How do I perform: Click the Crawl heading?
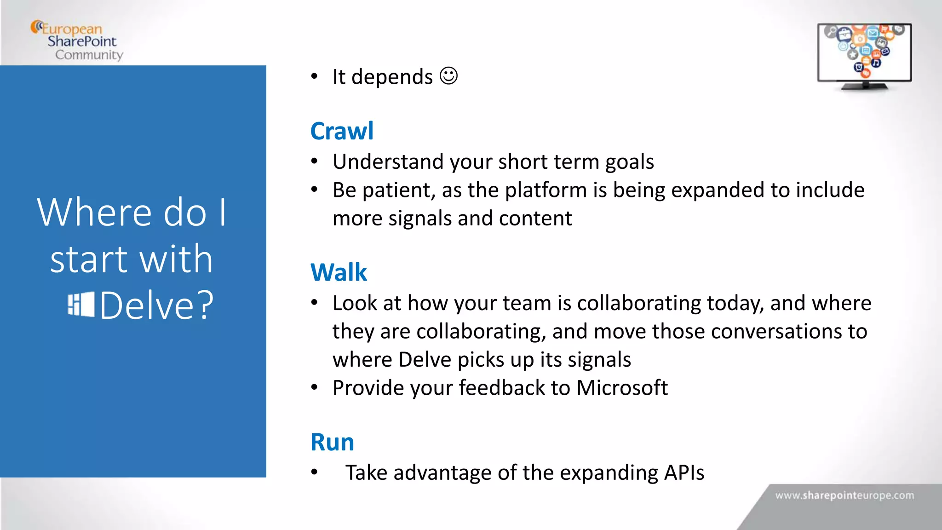tap(342, 131)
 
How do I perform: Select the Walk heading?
tap(339, 272)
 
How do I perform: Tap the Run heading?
tap(332, 442)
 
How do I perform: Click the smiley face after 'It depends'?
tap(448, 76)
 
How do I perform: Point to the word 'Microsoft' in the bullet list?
tap(621, 388)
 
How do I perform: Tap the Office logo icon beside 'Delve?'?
tap(81, 305)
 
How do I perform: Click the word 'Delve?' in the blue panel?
tap(157, 305)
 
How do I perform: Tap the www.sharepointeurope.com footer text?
tap(844, 495)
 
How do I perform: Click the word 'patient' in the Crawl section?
tap(399, 190)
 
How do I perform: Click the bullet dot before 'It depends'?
tap(314, 76)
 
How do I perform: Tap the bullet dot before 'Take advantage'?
tap(314, 472)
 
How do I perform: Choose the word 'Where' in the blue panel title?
tap(94, 213)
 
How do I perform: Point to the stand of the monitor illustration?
tap(865, 86)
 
